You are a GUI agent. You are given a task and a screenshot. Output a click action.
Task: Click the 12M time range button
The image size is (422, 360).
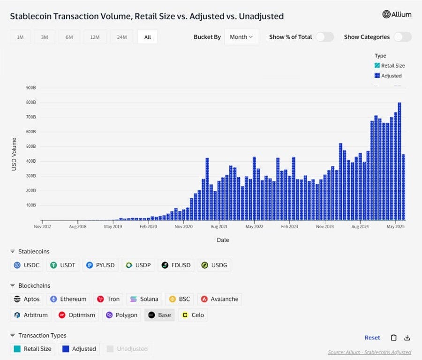click(x=95, y=37)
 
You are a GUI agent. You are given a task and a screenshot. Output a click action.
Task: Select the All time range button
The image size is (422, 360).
click(x=147, y=37)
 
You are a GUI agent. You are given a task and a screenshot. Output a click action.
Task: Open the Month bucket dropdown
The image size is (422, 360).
click(x=241, y=37)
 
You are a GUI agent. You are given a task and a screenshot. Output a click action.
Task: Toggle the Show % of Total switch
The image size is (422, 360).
click(x=324, y=37)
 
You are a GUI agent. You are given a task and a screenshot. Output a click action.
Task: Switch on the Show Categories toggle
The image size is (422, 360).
click(x=402, y=37)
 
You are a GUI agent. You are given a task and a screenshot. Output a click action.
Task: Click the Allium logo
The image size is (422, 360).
click(x=397, y=15)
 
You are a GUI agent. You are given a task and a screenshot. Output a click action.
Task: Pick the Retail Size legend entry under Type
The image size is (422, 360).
click(x=390, y=66)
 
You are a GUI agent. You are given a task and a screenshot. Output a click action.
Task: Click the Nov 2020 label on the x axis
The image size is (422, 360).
click(x=183, y=226)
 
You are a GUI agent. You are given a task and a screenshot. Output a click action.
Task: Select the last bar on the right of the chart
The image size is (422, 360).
click(x=403, y=187)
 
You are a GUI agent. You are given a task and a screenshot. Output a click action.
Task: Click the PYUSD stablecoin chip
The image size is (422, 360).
click(x=101, y=265)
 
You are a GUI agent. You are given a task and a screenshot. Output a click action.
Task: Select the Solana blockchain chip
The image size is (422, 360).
click(x=144, y=299)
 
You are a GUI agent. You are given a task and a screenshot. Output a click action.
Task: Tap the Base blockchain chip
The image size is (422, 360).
click(x=159, y=315)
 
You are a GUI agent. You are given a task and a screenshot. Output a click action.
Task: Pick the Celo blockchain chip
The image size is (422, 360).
click(x=193, y=315)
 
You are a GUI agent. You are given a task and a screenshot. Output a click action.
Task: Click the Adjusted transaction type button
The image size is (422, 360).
click(x=79, y=349)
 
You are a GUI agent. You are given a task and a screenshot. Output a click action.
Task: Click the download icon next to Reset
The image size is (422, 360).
click(x=407, y=337)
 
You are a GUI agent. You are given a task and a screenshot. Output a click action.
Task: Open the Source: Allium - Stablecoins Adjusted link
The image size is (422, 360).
click(x=369, y=352)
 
